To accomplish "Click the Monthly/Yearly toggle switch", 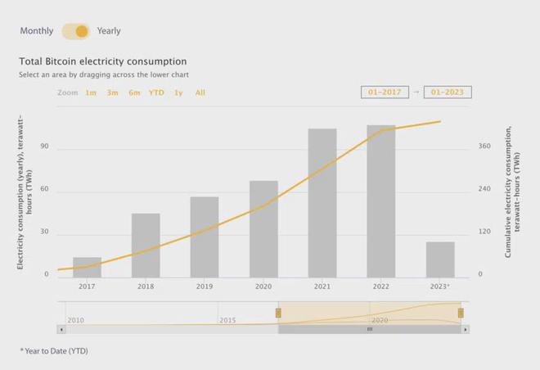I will [75, 31].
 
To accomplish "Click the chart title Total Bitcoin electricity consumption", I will [102, 61].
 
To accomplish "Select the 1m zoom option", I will [91, 92].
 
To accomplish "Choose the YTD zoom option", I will [156, 92].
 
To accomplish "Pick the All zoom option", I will [200, 92].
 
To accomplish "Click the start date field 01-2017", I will [385, 92].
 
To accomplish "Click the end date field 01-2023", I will [448, 92].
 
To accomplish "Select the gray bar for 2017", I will [87, 268].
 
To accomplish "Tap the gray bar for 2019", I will [205, 237].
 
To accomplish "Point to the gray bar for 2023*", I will [440, 259].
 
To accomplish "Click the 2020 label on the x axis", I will [263, 287].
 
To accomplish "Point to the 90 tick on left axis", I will [44, 147].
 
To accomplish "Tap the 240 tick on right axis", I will [484, 190].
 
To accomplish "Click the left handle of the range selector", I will [278, 313].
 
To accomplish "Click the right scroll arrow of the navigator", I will [466, 329].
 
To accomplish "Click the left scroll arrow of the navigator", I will [61, 329].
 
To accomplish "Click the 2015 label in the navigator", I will [227, 320].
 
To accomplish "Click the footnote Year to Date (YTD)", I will [54, 351].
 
